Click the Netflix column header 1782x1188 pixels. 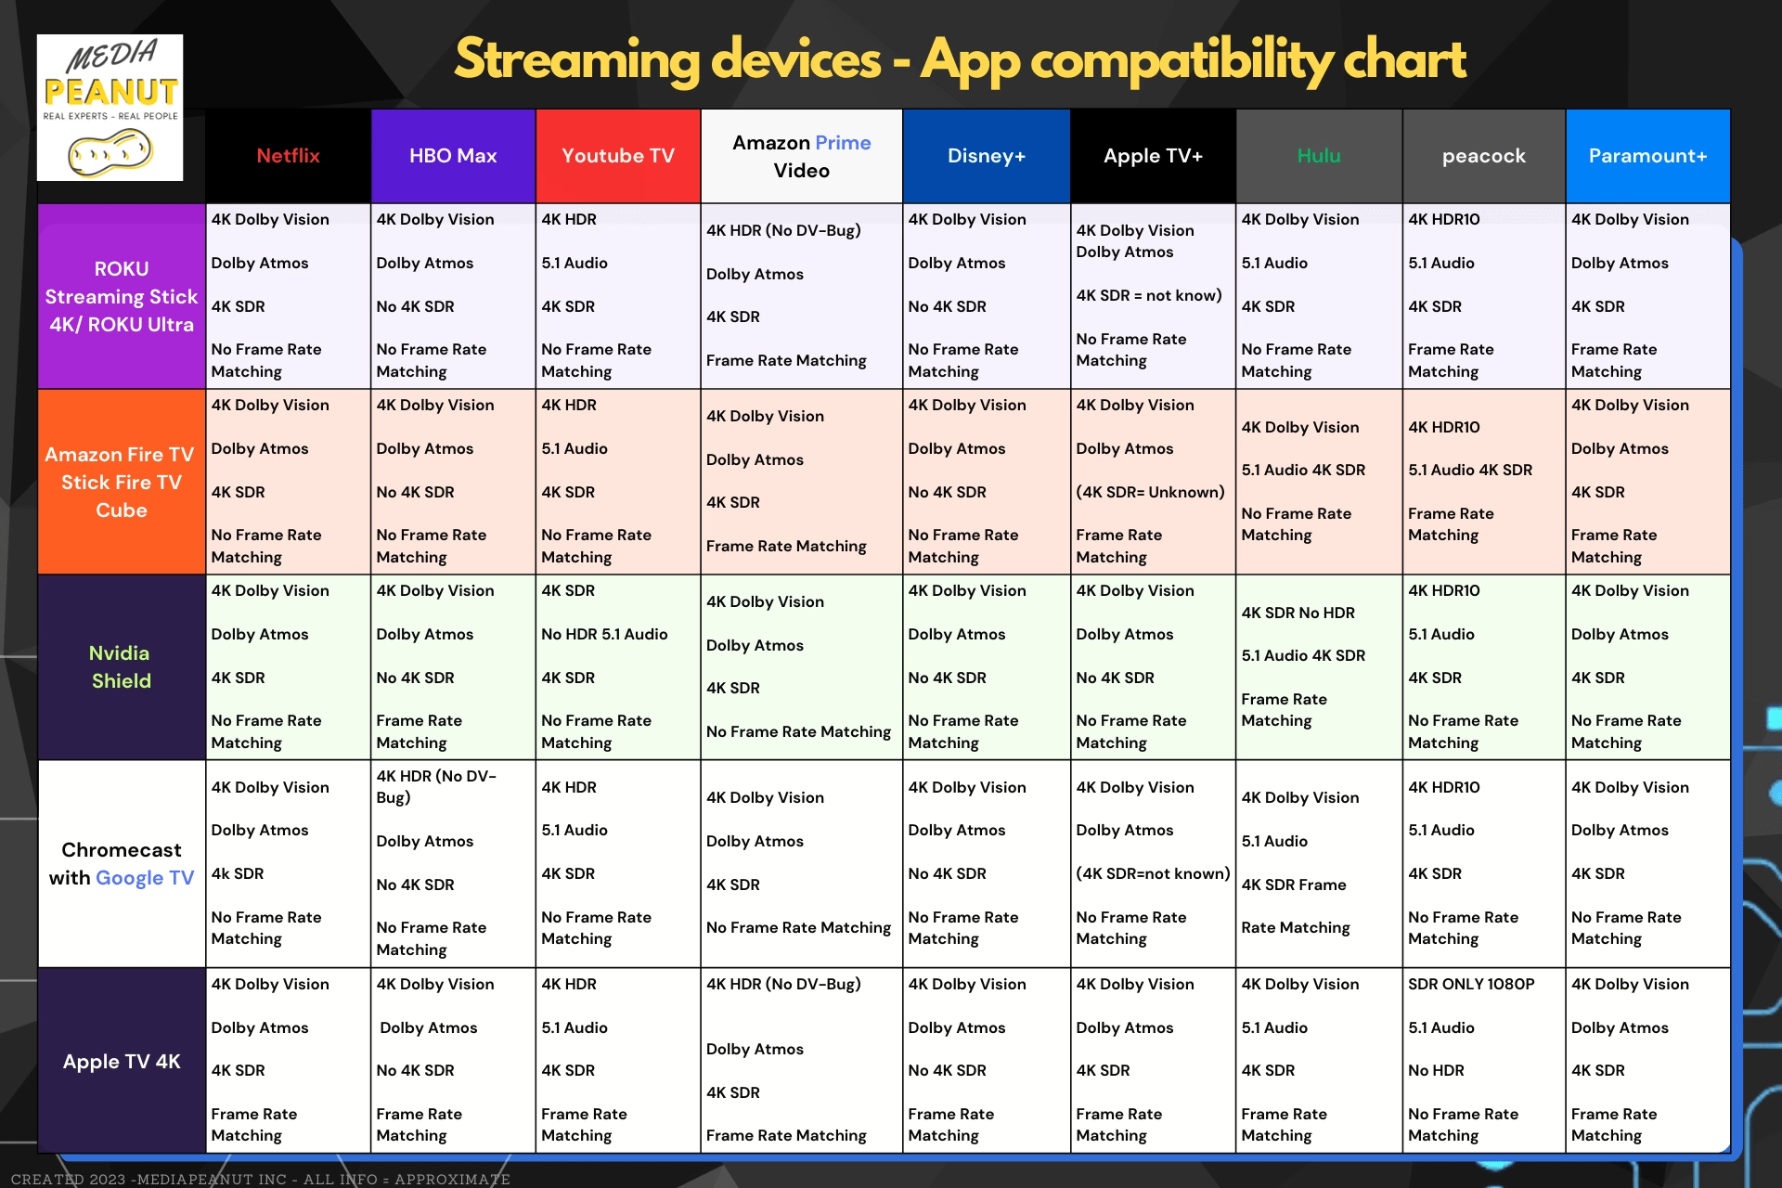(x=288, y=156)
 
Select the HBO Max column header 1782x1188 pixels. (x=453, y=156)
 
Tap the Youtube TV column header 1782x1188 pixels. (x=617, y=156)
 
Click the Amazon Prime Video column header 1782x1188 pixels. (x=801, y=156)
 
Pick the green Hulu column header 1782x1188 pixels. (x=1318, y=156)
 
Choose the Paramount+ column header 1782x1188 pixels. (x=1647, y=156)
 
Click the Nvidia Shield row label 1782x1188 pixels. (x=121, y=666)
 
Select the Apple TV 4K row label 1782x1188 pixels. (x=122, y=1061)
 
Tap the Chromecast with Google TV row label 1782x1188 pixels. (x=122, y=863)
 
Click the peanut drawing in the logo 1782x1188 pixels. (x=110, y=151)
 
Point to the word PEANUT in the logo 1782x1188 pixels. (x=110, y=92)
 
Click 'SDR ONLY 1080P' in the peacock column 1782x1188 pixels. (x=1471, y=984)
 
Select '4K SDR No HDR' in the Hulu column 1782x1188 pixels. (x=1298, y=613)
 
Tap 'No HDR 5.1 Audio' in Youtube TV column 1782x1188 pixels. (x=604, y=634)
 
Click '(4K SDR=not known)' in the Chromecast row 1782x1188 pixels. (x=1153, y=873)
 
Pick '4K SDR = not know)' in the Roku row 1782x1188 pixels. (x=1148, y=295)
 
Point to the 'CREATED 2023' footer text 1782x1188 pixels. (x=69, y=1179)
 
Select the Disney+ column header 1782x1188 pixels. (x=986, y=156)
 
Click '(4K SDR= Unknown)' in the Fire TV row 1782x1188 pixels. (x=1150, y=492)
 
